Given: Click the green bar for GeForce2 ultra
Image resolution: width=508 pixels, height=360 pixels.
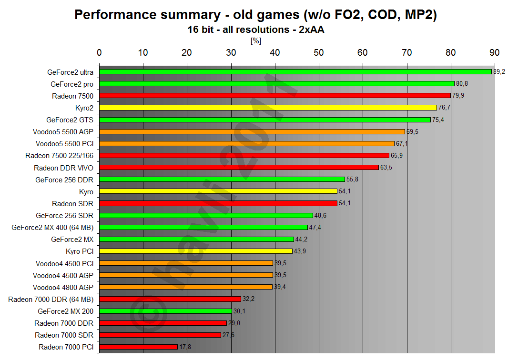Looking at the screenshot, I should coord(295,72).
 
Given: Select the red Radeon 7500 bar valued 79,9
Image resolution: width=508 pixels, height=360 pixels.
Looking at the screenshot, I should coord(275,96).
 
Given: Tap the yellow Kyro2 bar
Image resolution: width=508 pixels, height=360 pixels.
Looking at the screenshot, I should coord(268,108).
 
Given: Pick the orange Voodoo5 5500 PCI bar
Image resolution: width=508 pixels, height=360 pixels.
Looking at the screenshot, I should coord(247,143).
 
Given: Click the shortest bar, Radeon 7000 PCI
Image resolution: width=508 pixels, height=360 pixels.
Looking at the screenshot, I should coord(138,347).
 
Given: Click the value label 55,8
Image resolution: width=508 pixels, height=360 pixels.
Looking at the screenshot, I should coord(352,180).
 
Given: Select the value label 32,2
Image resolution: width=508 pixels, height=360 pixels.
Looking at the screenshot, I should coord(248,299).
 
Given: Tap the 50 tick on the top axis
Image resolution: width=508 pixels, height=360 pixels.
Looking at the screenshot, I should coord(319,52).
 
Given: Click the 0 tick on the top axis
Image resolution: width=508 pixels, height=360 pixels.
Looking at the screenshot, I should coord(99,52).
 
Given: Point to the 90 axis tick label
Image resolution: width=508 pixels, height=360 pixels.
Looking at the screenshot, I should coord(495,52).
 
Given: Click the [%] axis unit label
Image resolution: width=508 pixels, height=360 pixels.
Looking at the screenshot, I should coord(256,41).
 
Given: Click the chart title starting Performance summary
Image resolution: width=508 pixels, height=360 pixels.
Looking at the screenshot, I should coord(255,15).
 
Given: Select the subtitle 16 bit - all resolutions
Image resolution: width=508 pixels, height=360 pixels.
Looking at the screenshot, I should coord(255,30).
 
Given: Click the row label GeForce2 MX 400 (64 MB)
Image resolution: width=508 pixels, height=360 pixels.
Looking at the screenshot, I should coord(52,227).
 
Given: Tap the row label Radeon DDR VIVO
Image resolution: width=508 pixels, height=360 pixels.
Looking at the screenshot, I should coord(63,168).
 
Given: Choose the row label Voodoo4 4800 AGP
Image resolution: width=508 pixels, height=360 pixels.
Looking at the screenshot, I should coord(63,287).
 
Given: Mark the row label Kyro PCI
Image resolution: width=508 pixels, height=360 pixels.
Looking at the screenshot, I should coord(79,251).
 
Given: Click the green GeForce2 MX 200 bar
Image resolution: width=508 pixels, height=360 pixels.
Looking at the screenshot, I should coord(165,311).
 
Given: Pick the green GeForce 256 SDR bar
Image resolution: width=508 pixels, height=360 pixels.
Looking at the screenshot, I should coord(206,215).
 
